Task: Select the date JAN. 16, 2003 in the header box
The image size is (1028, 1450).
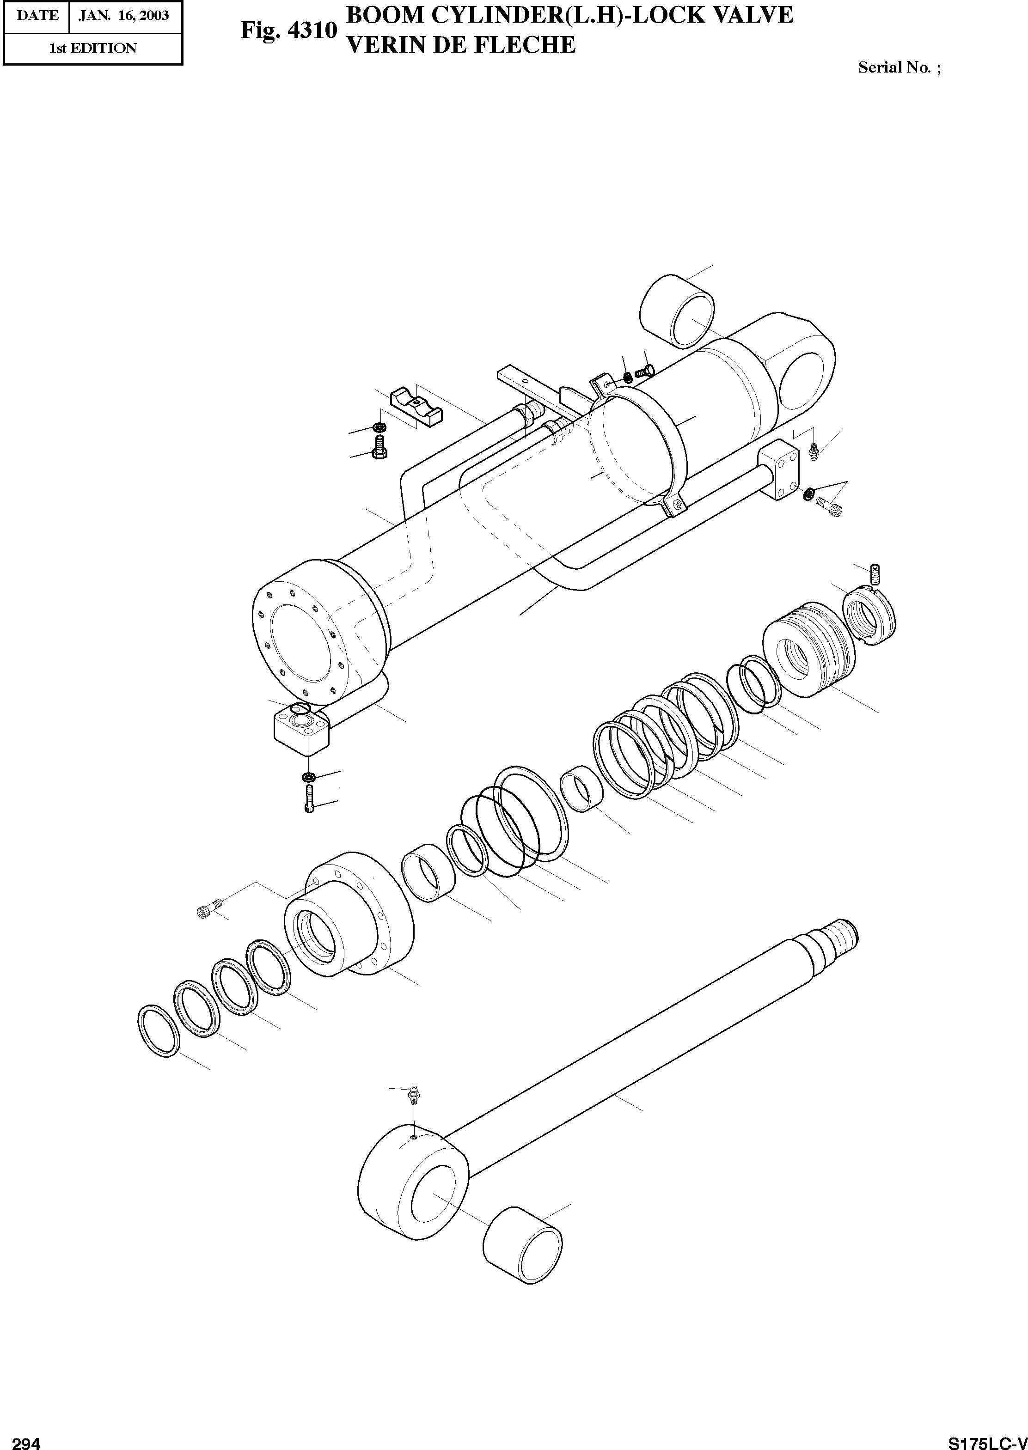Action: [x=123, y=15]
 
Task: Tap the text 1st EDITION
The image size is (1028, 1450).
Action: [x=92, y=48]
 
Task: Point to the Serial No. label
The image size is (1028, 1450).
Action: [x=899, y=67]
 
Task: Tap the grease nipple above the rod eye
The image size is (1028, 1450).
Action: [x=413, y=1094]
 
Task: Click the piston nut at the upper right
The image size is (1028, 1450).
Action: [x=870, y=614]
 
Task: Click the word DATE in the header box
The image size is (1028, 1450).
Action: [x=37, y=15]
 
